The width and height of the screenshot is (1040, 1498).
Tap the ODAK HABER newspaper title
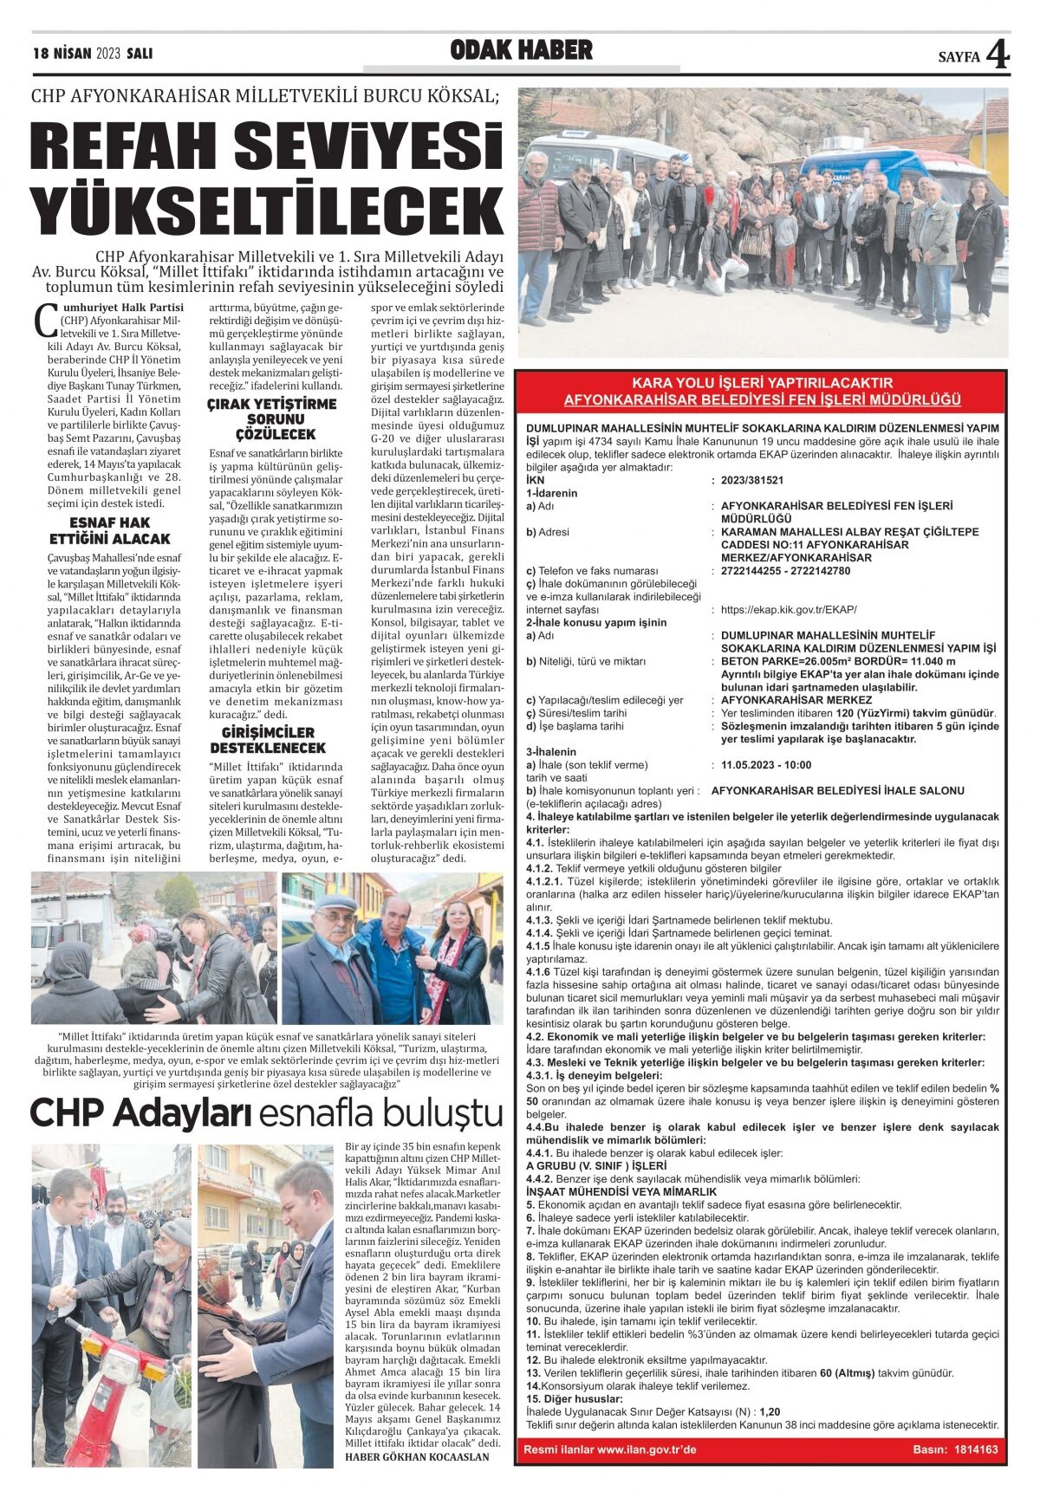click(x=521, y=51)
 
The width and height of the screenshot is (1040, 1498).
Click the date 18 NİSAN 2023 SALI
click(x=92, y=53)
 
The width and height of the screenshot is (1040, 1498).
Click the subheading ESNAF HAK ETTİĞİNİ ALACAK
click(x=110, y=530)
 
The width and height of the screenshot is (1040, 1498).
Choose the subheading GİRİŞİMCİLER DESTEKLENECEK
click(x=268, y=740)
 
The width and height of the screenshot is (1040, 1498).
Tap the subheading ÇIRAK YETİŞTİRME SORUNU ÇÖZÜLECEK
click(x=272, y=418)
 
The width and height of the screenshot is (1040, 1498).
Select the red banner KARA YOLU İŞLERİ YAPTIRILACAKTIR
click(x=762, y=382)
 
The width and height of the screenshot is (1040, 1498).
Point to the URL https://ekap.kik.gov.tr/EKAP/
click(x=788, y=610)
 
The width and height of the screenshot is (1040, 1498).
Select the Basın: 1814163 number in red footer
click(x=955, y=1449)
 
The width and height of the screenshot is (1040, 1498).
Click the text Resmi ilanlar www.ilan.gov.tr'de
click(x=610, y=1449)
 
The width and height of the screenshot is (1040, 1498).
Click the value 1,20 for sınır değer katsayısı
click(x=770, y=1411)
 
